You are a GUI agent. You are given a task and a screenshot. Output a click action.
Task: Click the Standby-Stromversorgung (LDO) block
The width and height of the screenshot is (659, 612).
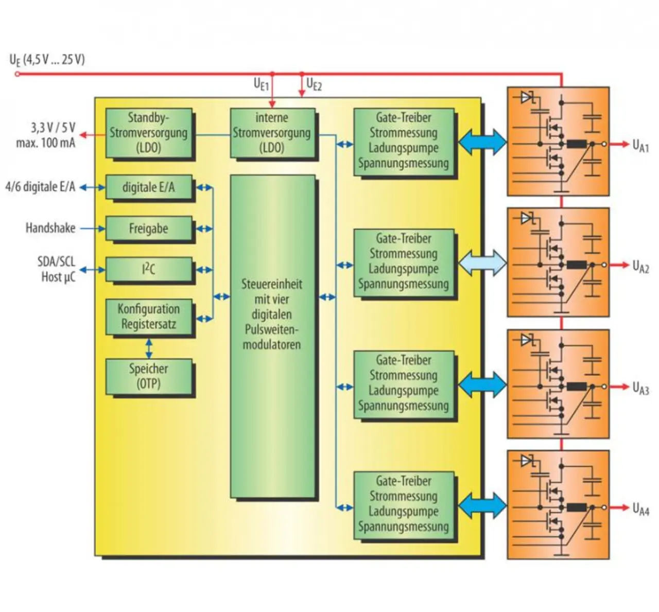[149, 133]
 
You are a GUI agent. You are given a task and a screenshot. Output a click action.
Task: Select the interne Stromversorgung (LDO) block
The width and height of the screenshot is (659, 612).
[272, 133]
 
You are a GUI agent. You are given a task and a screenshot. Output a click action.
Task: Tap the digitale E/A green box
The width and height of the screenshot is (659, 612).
[149, 188]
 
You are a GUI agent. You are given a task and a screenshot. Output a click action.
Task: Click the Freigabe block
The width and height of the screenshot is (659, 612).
[149, 229]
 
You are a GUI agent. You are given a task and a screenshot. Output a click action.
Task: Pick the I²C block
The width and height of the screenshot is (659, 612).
[149, 269]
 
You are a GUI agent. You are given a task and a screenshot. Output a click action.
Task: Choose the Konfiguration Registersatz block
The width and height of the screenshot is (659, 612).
[149, 317]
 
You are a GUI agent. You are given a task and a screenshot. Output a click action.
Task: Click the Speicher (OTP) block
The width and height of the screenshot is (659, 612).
[149, 376]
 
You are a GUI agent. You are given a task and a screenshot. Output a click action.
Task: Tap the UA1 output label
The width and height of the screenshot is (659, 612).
[640, 146]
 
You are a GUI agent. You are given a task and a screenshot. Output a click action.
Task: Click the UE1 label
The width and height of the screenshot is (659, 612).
[261, 84]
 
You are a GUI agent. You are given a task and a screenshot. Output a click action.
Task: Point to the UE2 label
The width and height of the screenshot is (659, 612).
[314, 84]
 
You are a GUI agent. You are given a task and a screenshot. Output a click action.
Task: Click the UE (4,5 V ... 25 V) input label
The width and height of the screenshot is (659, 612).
[47, 60]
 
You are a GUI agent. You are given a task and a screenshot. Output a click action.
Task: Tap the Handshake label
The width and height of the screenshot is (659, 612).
[50, 228]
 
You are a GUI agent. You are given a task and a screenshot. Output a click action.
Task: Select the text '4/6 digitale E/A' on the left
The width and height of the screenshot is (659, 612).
[40, 187]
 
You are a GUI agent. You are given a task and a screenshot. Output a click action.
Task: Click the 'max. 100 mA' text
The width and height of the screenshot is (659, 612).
[46, 143]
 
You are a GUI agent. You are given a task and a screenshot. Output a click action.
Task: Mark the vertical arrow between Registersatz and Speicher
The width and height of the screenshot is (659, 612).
[149, 348]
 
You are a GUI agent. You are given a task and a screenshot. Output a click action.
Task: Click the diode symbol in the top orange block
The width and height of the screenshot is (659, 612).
[527, 97]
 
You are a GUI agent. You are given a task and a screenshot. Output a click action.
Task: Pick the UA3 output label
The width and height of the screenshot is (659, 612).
[640, 388]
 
